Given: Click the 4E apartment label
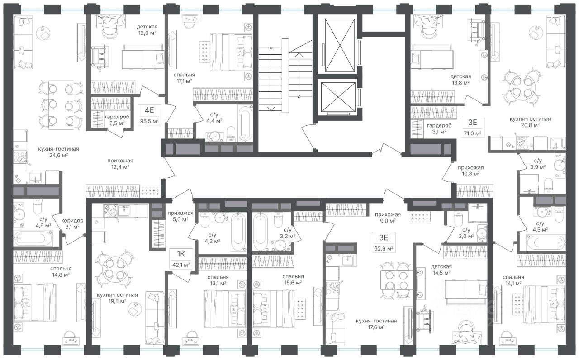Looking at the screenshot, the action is [149, 110].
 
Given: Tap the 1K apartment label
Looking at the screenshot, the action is [181, 254].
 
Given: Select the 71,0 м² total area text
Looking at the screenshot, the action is [473, 133].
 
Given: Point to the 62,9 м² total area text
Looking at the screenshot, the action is [384, 249].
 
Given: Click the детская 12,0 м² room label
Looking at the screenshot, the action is [147, 30].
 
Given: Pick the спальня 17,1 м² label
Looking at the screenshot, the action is [184, 78].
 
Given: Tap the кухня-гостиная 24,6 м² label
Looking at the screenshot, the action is [58, 152].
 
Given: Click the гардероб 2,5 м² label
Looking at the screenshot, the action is [117, 120].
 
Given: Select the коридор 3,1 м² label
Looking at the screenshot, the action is [72, 223].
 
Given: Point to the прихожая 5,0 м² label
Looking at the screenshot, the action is [180, 216].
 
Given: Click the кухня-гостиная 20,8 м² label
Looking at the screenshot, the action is [530, 122].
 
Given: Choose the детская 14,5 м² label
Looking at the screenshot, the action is [441, 270].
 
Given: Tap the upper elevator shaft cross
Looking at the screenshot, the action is [340, 45].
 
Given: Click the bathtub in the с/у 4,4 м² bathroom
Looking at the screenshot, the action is [245, 124].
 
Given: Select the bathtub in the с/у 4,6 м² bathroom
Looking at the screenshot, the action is [33, 238].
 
